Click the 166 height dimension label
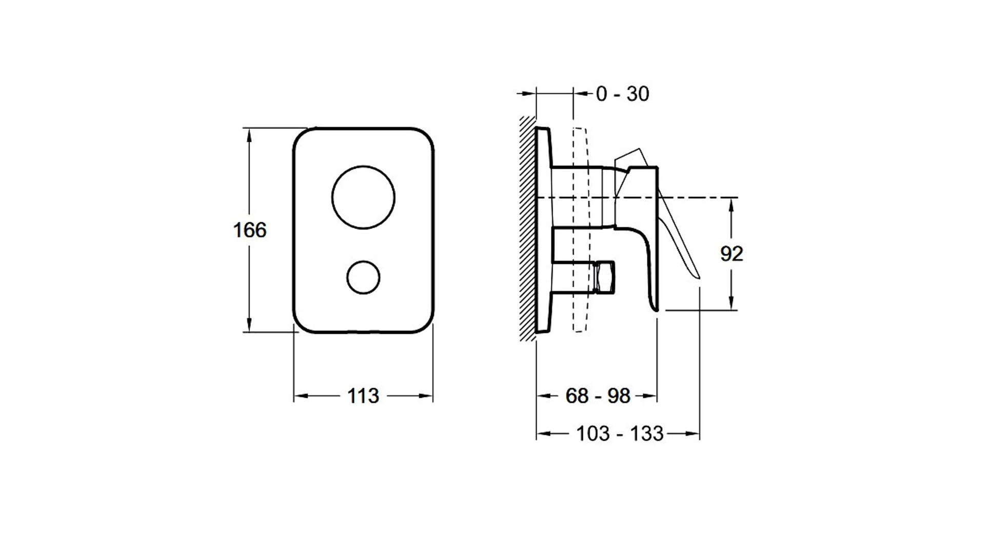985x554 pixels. [x=250, y=230]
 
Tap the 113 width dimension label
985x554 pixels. [x=363, y=395]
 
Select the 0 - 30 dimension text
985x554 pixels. [x=622, y=94]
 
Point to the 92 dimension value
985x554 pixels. [x=732, y=254]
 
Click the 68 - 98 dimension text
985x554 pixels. [x=598, y=395]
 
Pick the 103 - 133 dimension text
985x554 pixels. [x=620, y=434]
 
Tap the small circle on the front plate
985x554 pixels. [x=363, y=278]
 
